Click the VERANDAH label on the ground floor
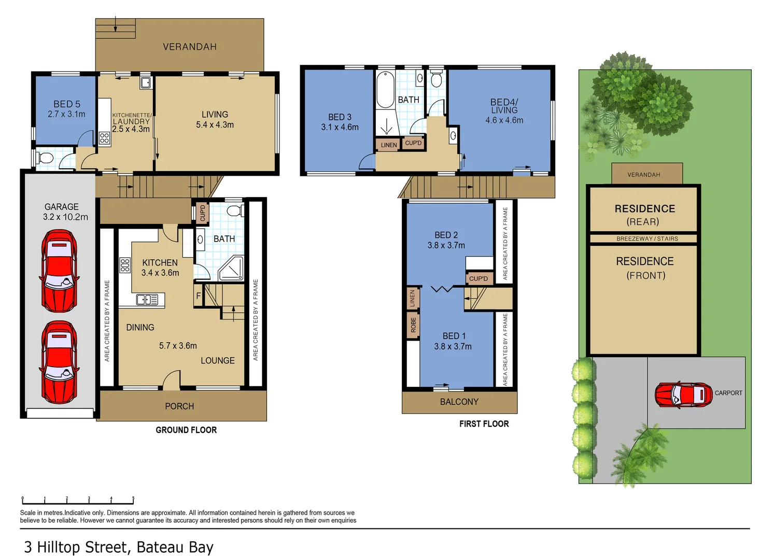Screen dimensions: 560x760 [190, 47]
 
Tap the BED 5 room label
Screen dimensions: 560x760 [66, 104]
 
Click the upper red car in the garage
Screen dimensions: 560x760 [60, 271]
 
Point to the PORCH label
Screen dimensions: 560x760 [179, 406]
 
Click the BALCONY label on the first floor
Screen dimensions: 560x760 [459, 402]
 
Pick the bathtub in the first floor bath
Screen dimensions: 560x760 [385, 90]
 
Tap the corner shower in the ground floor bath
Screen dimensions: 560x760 [231, 269]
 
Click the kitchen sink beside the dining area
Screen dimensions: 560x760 [147, 300]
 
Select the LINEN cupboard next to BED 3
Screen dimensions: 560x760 [388, 145]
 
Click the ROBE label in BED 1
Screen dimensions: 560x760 [413, 326]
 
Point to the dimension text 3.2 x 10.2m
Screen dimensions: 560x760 [65, 217]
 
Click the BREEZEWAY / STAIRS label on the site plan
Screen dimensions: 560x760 [647, 239]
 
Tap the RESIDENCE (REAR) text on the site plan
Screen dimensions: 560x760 [644, 215]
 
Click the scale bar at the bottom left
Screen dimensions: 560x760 [78, 501]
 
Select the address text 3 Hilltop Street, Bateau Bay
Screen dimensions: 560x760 [119, 547]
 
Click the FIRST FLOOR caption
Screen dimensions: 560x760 [484, 424]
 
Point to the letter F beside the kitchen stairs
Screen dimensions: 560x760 [198, 296]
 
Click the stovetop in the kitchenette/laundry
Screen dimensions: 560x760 [104, 138]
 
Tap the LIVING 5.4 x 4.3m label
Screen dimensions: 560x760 [215, 119]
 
